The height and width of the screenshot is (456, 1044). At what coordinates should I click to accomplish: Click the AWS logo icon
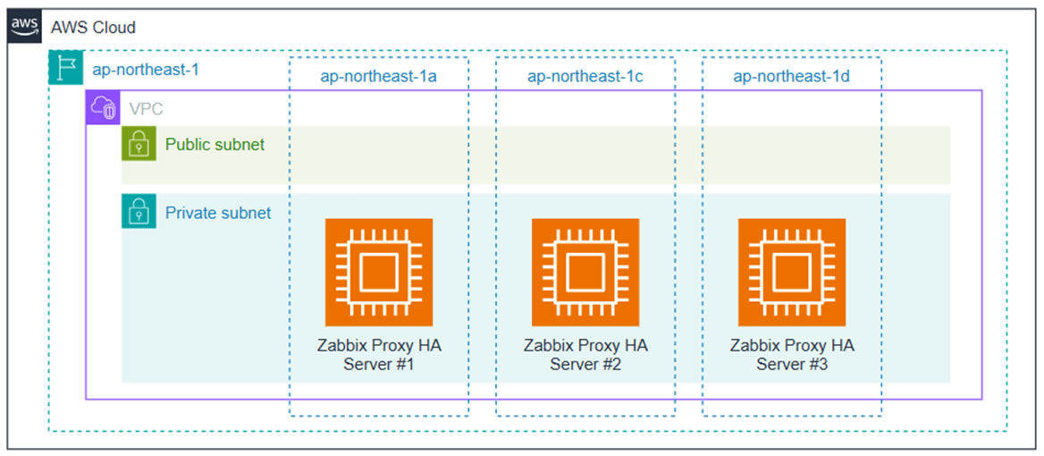[x=25, y=27]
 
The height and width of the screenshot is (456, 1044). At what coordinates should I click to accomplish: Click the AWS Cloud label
[x=93, y=28]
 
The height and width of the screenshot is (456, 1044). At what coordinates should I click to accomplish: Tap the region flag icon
[x=64, y=69]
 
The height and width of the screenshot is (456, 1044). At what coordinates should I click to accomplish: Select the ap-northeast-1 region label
[x=146, y=70]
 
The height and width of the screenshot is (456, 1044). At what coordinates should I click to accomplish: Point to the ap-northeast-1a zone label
[x=378, y=76]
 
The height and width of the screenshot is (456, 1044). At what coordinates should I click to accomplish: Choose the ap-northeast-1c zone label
[x=585, y=76]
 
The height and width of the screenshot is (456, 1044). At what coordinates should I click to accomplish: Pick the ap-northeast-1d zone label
[x=791, y=76]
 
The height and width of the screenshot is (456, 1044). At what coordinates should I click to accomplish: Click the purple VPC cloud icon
[x=102, y=108]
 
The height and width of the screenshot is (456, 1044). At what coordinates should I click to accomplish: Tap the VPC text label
[x=147, y=109]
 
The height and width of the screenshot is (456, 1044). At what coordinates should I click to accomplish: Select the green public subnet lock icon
[x=139, y=144]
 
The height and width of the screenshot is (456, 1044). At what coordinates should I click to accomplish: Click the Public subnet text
[x=215, y=144]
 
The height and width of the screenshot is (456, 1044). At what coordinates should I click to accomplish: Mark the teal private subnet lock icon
[x=139, y=212]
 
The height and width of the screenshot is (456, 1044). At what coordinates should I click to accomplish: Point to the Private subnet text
[x=218, y=213]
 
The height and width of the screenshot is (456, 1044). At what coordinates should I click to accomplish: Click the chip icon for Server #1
[x=378, y=273]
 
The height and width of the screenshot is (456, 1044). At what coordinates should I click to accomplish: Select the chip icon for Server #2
[x=585, y=273]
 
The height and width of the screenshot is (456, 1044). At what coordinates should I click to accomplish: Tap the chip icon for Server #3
[x=791, y=273]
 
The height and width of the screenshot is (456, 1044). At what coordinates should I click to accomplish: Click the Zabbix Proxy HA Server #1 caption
[x=379, y=355]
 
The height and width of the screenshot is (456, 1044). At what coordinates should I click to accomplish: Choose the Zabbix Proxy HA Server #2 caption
[x=585, y=355]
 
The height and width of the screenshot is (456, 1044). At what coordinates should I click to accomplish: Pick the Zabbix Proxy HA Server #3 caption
[x=792, y=355]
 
